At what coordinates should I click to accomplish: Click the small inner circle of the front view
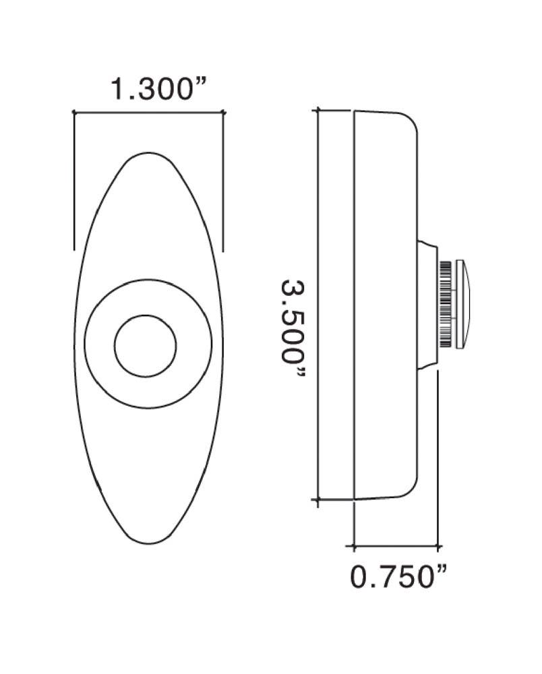(146, 345)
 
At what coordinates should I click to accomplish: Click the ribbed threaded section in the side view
(446, 304)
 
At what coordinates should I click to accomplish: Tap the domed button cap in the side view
(464, 304)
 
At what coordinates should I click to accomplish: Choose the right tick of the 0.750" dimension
(439, 545)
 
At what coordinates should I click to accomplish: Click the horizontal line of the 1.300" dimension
(148, 113)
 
